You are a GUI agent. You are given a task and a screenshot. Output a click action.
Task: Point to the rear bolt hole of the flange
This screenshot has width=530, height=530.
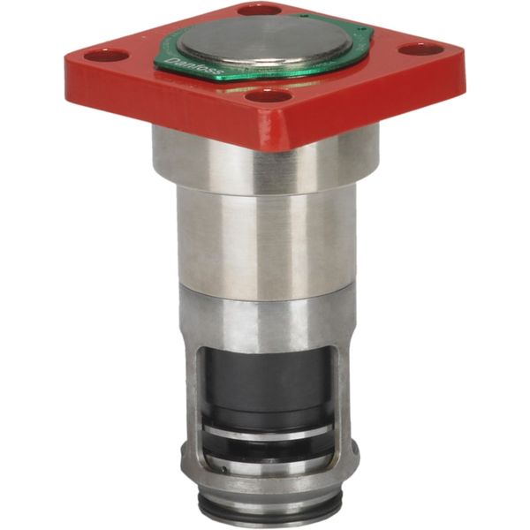pyautogui.click(x=260, y=10)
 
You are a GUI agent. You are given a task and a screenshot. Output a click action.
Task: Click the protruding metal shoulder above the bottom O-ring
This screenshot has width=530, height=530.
pyautogui.click(x=265, y=481)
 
